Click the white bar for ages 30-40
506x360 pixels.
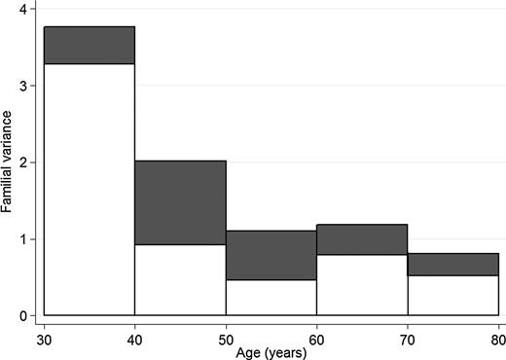90,190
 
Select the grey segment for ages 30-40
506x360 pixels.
90,45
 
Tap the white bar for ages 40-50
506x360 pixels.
180,279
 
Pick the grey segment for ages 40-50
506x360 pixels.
180,202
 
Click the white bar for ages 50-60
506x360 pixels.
271,298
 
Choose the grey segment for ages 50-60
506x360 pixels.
271,255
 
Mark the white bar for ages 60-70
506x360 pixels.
362,285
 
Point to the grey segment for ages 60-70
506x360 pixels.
362,239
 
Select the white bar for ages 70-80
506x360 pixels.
452,296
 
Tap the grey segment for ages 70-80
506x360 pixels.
452,265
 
